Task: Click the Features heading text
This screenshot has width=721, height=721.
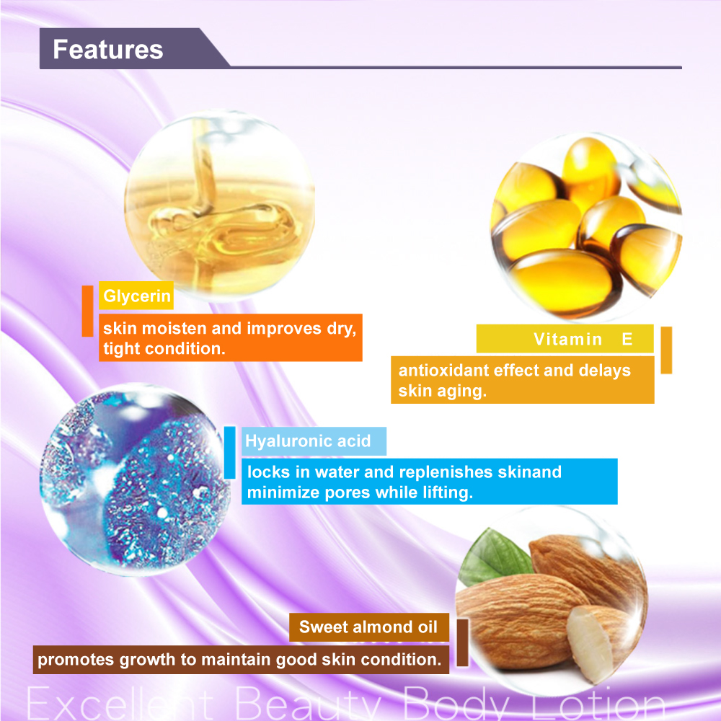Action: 108,49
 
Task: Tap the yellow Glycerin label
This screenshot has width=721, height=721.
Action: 136,296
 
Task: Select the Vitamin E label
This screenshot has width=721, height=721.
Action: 565,339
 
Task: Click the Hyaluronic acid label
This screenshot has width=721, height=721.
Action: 314,441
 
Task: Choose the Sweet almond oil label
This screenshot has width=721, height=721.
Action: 368,627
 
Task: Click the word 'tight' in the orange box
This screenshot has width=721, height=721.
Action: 122,349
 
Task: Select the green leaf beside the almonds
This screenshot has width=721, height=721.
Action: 494,556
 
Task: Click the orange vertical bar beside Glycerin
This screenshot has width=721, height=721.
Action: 87,311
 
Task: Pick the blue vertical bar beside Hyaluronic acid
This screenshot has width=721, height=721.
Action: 229,453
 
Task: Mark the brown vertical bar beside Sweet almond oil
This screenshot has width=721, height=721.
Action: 463,642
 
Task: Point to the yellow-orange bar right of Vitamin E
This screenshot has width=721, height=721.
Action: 666,350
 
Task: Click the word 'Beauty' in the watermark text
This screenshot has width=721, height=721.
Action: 308,704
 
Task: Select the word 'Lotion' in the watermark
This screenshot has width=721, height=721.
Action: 597,704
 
